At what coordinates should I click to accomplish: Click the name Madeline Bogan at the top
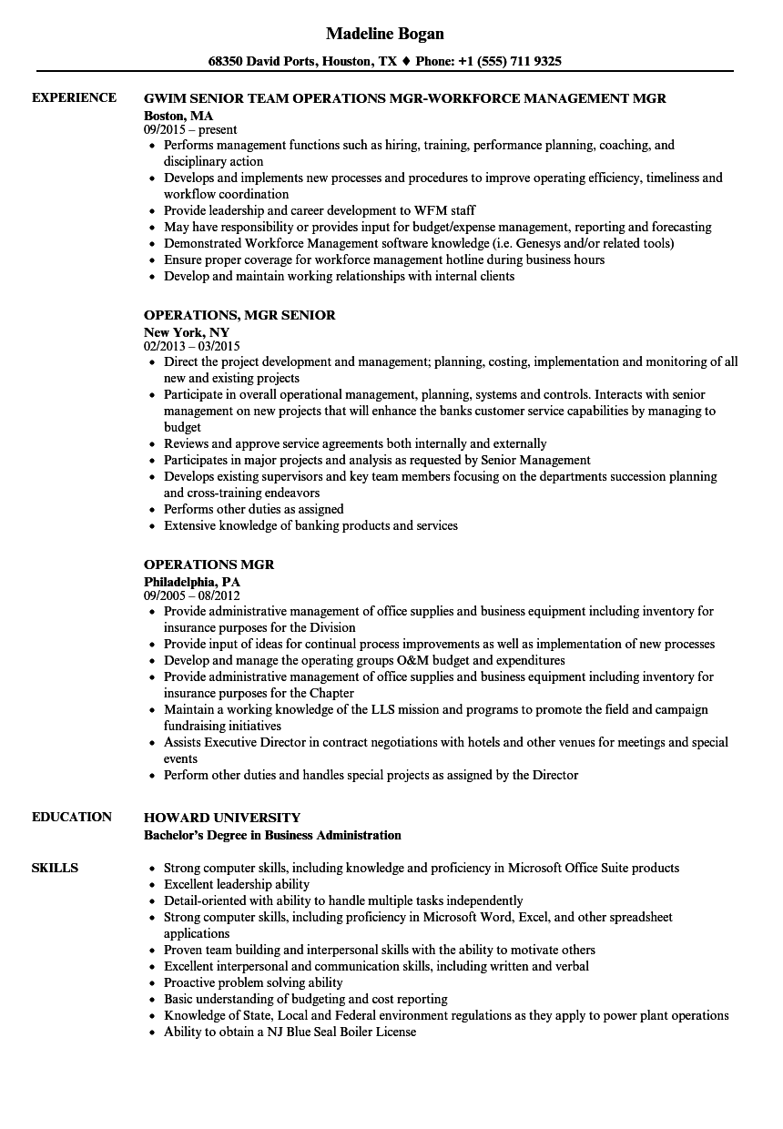point(384,34)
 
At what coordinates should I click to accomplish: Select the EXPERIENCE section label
point(74,97)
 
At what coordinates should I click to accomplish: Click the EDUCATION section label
point(72,817)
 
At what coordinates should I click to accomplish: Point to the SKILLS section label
point(55,868)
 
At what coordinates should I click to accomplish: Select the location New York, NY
point(187,331)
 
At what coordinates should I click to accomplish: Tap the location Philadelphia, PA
point(192,581)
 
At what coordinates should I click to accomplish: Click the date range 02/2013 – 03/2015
point(192,346)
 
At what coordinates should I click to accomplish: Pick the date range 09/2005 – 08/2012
point(192,595)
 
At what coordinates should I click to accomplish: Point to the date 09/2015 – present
point(190,129)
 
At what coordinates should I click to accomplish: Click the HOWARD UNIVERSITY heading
point(222,818)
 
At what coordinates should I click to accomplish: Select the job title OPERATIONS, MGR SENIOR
point(239,315)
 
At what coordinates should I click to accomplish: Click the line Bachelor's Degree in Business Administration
point(272,835)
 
